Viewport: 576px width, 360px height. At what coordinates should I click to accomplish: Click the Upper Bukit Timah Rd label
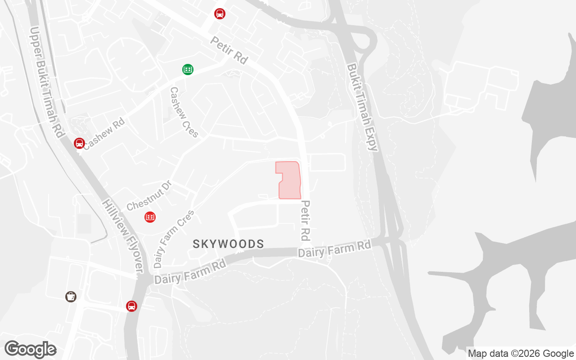pos(46,82)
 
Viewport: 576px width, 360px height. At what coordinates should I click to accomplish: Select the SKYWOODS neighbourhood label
pos(228,244)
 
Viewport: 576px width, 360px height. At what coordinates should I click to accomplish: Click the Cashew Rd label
pos(104,134)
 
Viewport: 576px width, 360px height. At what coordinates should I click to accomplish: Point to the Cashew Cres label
pos(184,112)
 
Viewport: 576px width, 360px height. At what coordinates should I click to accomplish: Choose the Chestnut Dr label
pos(149,196)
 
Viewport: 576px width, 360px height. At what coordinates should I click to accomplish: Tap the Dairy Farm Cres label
pos(174,238)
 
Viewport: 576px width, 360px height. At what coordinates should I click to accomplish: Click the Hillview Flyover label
pos(122,235)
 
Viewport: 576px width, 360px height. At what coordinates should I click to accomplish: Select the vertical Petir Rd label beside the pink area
pos(306,220)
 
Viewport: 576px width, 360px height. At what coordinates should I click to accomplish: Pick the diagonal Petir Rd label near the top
pos(229,50)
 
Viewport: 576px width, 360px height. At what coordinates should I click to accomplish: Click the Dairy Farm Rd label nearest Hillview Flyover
pos(190,273)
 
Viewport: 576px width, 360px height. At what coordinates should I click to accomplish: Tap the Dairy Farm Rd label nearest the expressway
pos(334,248)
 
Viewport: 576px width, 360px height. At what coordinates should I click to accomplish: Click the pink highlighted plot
pos(289,180)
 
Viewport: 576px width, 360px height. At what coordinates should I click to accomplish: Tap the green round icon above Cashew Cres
pos(188,69)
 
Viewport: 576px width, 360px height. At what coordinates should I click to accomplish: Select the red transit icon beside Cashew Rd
pos(79,143)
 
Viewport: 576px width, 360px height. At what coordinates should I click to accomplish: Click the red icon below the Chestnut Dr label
pos(150,217)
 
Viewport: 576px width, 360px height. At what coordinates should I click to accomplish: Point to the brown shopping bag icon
pos(71,296)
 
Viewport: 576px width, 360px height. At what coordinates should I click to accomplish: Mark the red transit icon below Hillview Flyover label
pos(131,306)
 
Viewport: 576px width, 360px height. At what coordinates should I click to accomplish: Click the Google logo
pos(30,349)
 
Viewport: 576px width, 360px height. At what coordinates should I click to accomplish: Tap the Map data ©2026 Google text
pos(520,353)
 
